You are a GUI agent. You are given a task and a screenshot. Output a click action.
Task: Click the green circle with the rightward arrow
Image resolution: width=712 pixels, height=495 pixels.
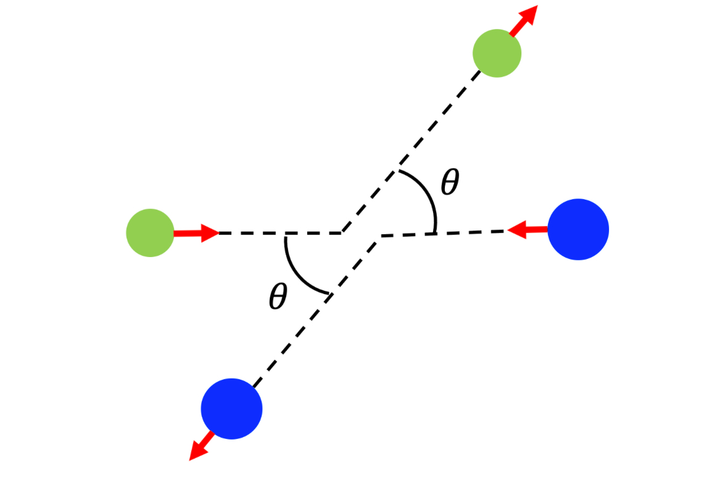pyautogui.click(x=150, y=233)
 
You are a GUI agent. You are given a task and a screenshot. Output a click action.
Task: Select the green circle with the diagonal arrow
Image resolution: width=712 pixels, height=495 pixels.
pyautogui.click(x=497, y=53)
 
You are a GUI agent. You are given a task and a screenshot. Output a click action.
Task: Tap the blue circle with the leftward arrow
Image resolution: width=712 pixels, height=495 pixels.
pyautogui.click(x=578, y=229)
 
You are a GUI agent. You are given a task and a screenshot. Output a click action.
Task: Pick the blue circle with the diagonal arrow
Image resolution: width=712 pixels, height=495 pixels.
pyautogui.click(x=231, y=409)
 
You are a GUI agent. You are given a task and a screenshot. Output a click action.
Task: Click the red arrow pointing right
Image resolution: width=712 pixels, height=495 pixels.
pyautogui.click(x=196, y=233)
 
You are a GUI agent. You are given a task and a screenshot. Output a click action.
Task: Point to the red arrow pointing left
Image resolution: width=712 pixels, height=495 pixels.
pyautogui.click(x=528, y=231)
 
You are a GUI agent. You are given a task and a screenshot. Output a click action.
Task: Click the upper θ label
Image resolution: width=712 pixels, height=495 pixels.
pyautogui.click(x=450, y=182)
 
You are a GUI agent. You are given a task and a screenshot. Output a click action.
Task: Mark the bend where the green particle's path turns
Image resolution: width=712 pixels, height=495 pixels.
pyautogui.click(x=342, y=233)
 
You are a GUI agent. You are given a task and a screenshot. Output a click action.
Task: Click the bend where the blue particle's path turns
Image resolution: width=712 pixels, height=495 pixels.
pyautogui.click(x=381, y=237)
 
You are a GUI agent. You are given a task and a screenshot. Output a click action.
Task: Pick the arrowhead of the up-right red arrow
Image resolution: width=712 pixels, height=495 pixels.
pyautogui.click(x=530, y=13)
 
